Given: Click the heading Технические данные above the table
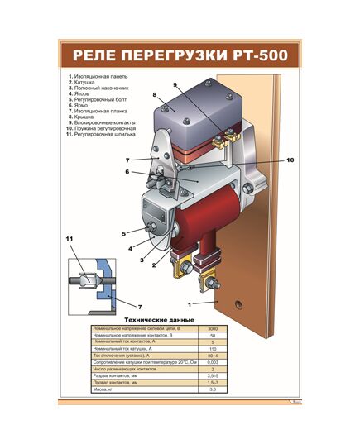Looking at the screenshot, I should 159,319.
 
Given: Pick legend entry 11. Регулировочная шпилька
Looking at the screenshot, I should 103,133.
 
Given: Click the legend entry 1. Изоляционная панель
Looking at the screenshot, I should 100,78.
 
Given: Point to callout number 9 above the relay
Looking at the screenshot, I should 175,86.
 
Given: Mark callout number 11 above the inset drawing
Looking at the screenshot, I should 70,240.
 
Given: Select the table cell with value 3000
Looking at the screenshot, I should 213,328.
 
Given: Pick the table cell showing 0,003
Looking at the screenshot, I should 213,361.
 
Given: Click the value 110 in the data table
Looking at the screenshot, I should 213,348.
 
